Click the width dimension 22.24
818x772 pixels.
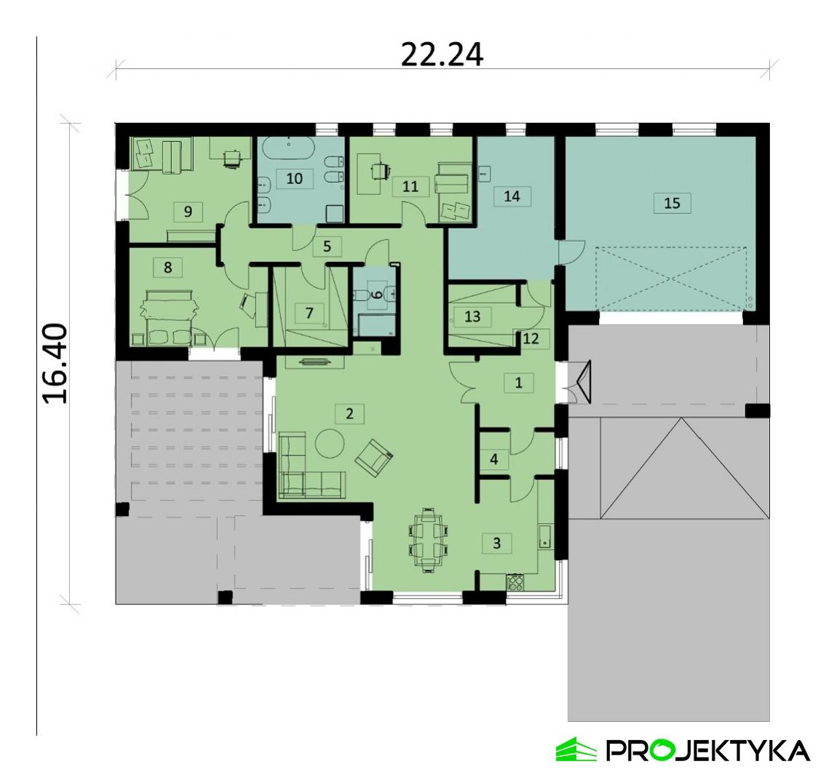tap(442, 55)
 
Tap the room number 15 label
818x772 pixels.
tap(672, 203)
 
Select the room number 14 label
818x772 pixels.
tap(512, 196)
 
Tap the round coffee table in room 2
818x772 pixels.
tap(330, 442)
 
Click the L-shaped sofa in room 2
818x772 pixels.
tap(304, 471)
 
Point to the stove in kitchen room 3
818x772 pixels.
tap(515, 581)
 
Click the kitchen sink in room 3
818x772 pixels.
tap(545, 538)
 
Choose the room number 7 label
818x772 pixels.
tap(309, 314)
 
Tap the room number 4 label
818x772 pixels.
tap(494, 460)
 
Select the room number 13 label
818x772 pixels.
tap(472, 317)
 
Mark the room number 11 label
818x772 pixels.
tap(410, 186)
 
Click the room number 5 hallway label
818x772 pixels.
tap(327, 247)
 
